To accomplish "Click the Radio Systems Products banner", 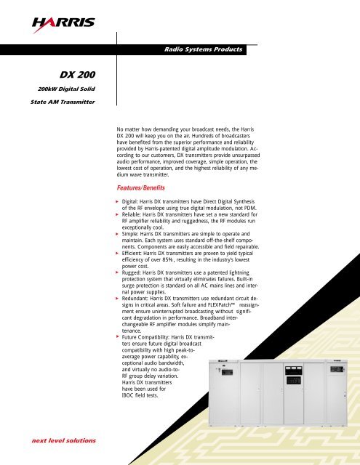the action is pyautogui.click(x=203, y=49).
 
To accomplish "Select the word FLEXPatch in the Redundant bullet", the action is pyautogui.click(x=217, y=308).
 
